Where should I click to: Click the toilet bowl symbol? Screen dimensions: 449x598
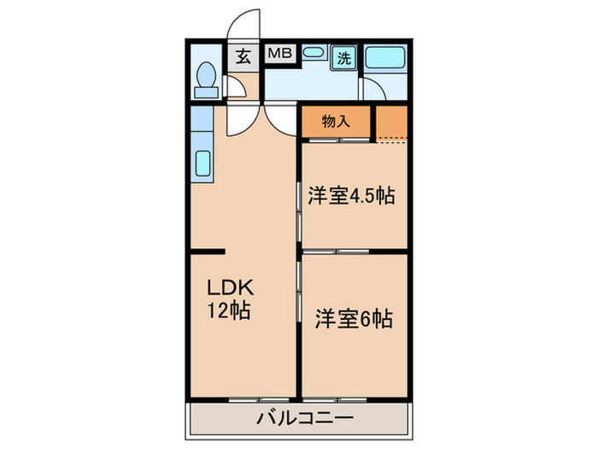pyautogui.click(x=205, y=82)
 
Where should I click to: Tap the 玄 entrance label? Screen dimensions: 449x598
pyautogui.click(x=243, y=58)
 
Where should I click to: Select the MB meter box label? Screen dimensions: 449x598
pyautogui.click(x=280, y=54)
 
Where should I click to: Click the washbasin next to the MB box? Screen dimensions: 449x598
pyautogui.click(x=313, y=54)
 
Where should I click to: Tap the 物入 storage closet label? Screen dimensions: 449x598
pyautogui.click(x=336, y=121)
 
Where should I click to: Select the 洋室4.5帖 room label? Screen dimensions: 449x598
pyautogui.click(x=350, y=196)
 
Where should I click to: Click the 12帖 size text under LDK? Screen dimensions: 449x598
pyautogui.click(x=228, y=312)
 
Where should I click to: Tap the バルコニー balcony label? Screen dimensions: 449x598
pyautogui.click(x=304, y=419)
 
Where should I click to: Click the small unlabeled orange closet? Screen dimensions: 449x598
pyautogui.click(x=391, y=123)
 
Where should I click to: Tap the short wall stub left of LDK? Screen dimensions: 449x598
pyautogui.click(x=208, y=252)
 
